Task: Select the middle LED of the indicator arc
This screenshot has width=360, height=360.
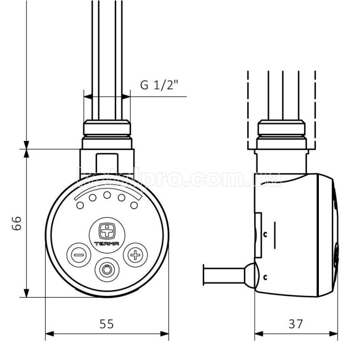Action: [107, 195]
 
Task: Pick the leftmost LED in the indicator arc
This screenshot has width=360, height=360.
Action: [80, 205]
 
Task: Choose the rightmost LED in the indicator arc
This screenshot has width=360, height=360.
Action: [134, 205]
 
